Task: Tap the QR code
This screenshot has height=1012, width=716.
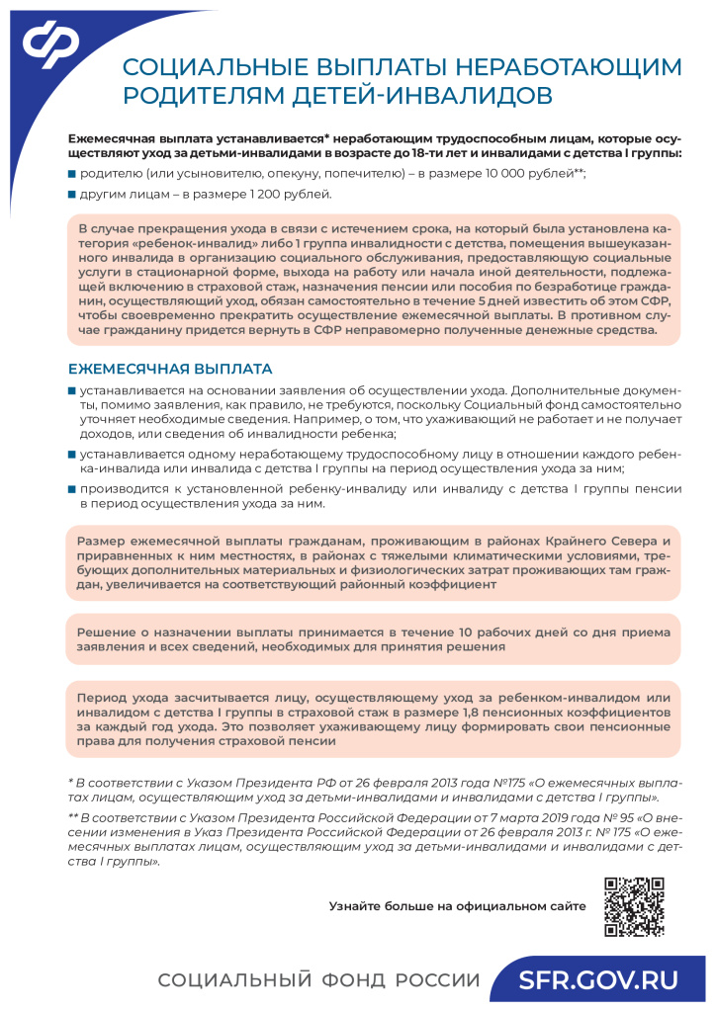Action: (633, 906)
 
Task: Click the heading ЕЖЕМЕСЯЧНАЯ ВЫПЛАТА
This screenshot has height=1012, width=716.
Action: (169, 370)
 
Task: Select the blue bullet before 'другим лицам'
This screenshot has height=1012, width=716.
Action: (71, 194)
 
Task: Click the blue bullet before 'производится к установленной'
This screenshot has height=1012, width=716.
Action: (71, 489)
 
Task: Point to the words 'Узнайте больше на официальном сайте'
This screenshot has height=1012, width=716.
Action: (457, 904)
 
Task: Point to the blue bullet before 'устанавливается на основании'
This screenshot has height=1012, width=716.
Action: (71, 390)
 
